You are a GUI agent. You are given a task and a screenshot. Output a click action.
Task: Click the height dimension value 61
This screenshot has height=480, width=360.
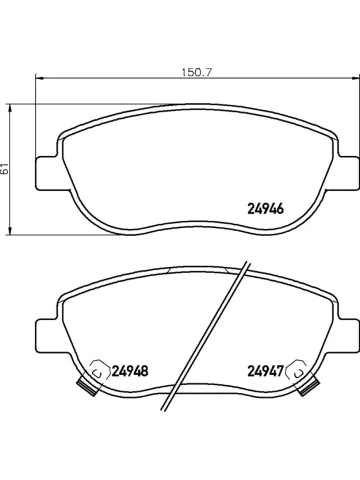pos(5,168)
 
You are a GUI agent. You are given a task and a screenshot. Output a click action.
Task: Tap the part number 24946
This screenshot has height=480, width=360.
pos(266,208)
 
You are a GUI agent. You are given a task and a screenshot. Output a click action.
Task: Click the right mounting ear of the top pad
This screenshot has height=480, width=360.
pos(347,173)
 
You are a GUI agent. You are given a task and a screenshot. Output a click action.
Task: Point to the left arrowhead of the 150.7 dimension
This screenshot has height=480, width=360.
pos(39,78)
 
